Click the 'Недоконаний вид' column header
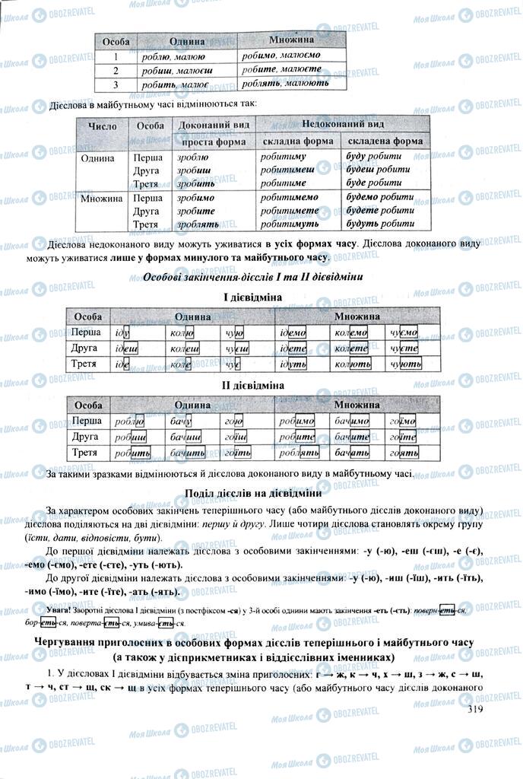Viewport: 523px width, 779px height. (343, 124)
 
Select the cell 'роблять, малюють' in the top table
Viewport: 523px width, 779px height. (285, 84)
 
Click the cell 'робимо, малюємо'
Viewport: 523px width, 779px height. (281, 55)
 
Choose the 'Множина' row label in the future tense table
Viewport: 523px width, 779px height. (103, 198)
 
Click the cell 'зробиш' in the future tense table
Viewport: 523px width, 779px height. (195, 170)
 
